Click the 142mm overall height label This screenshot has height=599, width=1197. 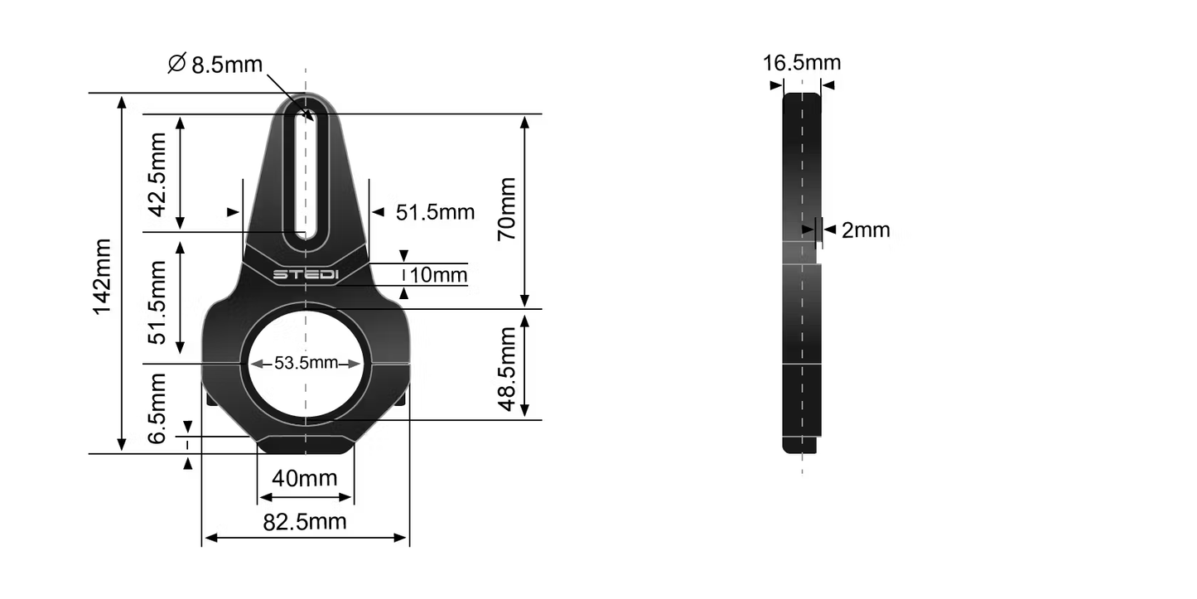[104, 277]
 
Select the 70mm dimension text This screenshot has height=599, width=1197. [506, 209]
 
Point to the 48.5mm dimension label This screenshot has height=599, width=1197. [506, 369]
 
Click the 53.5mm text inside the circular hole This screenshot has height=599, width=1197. [306, 363]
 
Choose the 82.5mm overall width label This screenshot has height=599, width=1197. [306, 521]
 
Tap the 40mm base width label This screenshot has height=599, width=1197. [306, 478]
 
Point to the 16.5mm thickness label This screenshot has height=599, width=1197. [802, 63]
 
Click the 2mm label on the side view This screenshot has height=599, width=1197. [866, 230]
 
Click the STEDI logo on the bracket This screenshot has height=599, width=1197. [306, 274]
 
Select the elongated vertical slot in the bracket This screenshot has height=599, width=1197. [306, 174]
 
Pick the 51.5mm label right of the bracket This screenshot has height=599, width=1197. [435, 212]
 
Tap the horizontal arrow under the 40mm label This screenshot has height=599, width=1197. [306, 498]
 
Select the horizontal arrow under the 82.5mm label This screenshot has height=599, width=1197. [306, 538]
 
